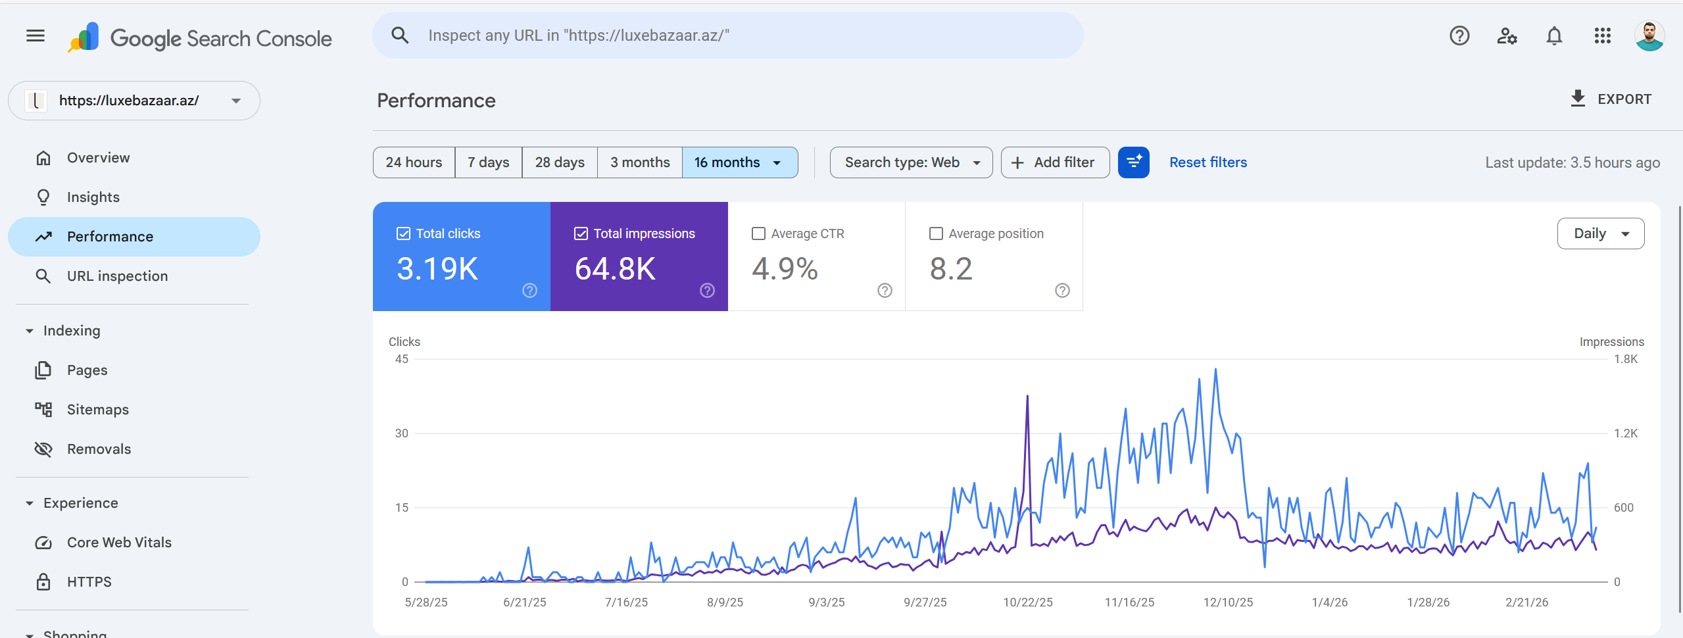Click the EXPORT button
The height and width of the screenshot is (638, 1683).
point(1610,99)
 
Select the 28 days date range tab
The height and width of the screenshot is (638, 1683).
point(559,162)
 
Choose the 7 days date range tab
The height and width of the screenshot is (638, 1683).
point(488,162)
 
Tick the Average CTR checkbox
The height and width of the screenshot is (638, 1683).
point(758,233)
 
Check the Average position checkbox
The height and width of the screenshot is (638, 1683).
point(936,233)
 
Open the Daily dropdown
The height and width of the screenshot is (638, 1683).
point(1600,233)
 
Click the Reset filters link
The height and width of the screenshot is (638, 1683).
point(1207,162)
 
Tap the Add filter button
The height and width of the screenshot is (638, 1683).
point(1054,162)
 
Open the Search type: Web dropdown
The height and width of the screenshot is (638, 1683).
point(910,162)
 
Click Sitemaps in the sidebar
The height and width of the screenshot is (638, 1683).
point(97,410)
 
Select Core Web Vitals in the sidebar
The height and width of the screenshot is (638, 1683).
point(119,543)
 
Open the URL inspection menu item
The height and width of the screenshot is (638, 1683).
point(117,276)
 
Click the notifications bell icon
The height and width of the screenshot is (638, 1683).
point(1554,36)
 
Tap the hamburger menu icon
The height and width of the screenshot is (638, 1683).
point(36,36)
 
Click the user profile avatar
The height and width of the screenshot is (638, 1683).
point(1649,36)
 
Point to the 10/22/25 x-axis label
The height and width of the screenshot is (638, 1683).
point(1027,602)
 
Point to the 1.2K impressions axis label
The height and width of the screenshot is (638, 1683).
point(1625,433)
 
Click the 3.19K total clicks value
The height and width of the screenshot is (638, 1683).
point(437,269)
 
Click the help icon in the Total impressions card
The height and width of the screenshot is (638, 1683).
point(707,291)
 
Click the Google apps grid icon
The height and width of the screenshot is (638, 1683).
point(1602,36)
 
